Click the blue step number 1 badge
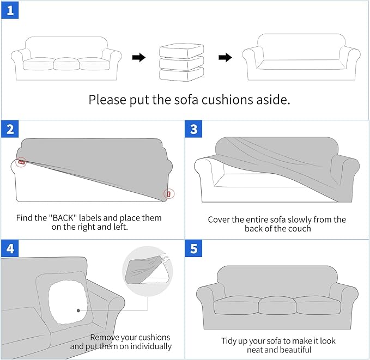tap(10, 11)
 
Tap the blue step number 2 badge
tap(10, 130)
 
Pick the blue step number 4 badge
tap(10, 248)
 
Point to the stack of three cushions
tap(181, 62)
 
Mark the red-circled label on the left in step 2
tap(21, 162)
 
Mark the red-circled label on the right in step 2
tap(168, 193)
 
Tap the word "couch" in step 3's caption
tap(299, 229)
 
